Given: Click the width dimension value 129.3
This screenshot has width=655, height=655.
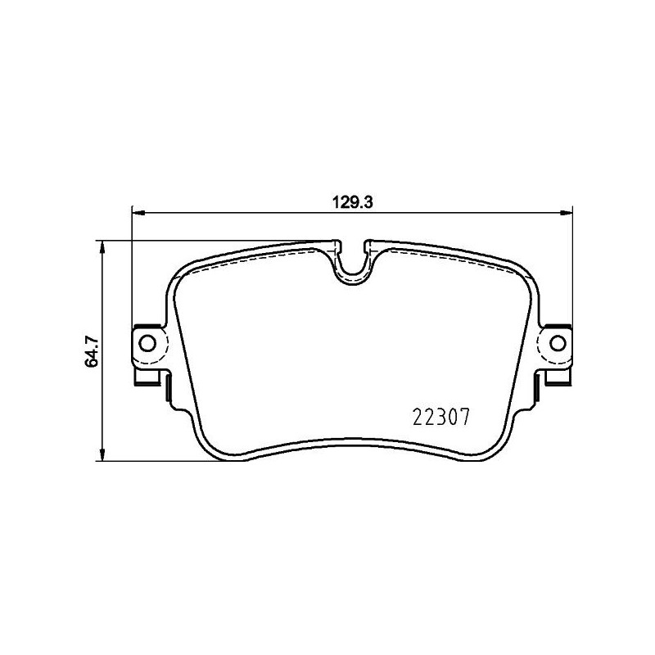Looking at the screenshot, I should pos(352,201).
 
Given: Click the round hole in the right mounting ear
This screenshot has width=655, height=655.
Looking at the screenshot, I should pos(558,342).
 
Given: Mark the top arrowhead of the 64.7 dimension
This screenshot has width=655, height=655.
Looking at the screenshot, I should pos(102,246).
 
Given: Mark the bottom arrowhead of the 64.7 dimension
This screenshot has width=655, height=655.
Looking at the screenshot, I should pos(102,454).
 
